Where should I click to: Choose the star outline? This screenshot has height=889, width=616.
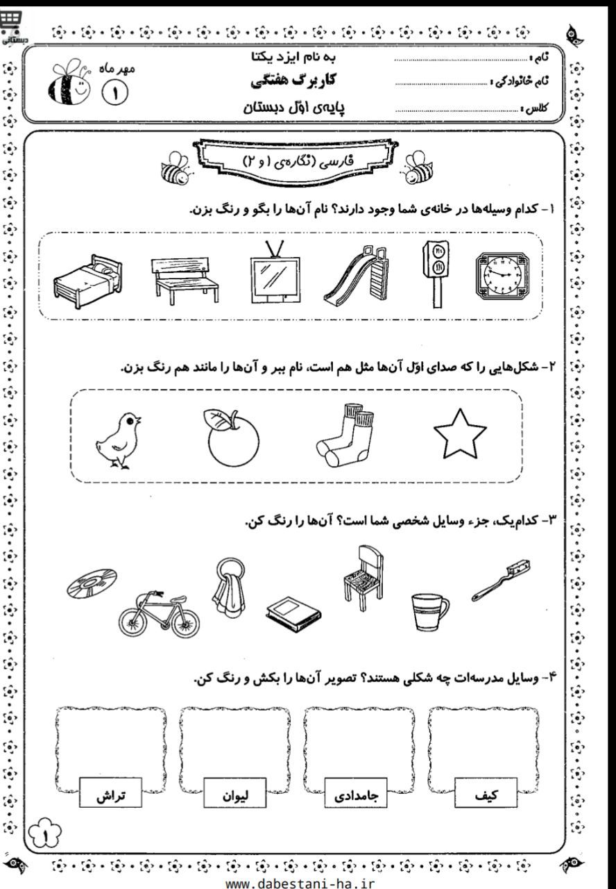coord(460,435)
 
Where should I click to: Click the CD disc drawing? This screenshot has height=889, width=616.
coord(92,582)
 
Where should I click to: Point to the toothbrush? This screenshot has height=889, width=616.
coord(501,578)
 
